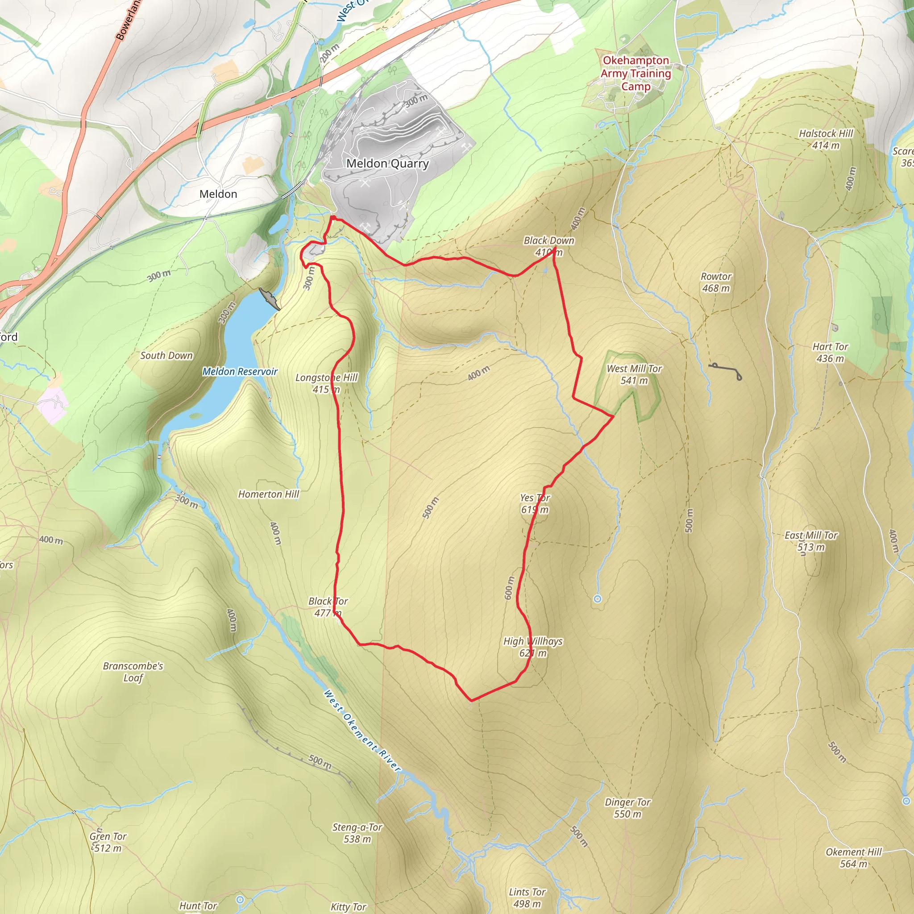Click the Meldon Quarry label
[x=387, y=164]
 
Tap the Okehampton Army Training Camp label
[x=636, y=74]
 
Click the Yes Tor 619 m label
[x=535, y=503]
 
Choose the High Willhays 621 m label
[x=533, y=647]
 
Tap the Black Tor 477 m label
[x=328, y=607]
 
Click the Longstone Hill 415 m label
[x=326, y=383]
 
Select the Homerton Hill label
[x=268, y=494]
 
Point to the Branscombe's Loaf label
[x=133, y=672]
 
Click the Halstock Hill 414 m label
[x=826, y=140]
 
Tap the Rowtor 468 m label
[x=716, y=282]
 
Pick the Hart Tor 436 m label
[x=830, y=353]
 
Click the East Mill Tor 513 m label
[x=811, y=541]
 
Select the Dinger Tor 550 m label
[x=627, y=808]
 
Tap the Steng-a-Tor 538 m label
[x=357, y=833]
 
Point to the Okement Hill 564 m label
[x=853, y=858]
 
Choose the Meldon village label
[x=218, y=194]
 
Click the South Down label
[x=166, y=356]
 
